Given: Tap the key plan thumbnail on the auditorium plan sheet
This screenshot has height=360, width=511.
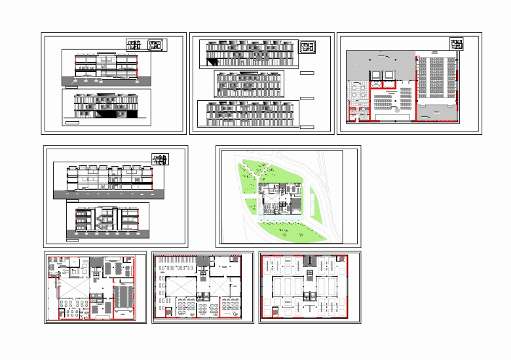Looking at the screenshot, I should coord(456,44).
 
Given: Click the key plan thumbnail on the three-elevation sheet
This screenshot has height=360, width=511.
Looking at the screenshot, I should coord(307,46).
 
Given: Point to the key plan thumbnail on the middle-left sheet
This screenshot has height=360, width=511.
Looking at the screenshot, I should coord(159,160).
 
